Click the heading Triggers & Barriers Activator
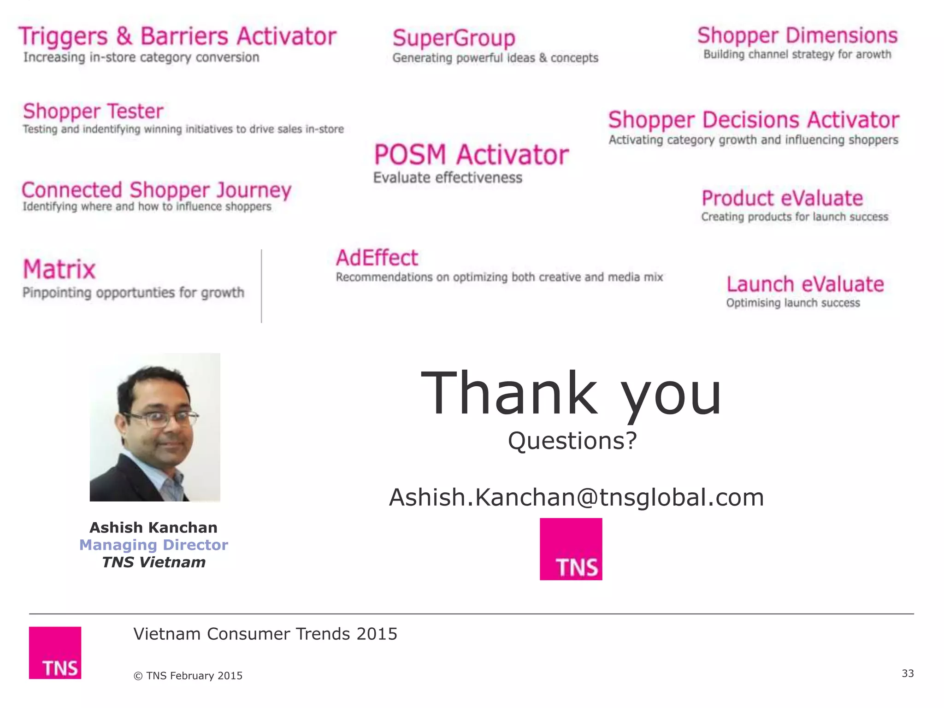(177, 37)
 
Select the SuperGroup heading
(454, 38)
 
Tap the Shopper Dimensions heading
(797, 35)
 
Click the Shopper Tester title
(93, 112)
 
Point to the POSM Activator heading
(471, 155)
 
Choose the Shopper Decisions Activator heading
(754, 120)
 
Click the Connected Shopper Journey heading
(157, 190)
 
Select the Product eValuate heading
(782, 199)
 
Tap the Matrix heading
(59, 269)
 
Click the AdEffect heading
(377, 258)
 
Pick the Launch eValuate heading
(805, 284)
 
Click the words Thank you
(571, 394)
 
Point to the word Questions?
(572, 441)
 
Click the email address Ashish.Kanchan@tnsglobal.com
(576, 497)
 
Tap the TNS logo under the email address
(571, 549)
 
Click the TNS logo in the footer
(55, 653)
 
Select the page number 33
(908, 673)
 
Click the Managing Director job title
(153, 545)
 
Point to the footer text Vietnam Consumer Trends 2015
(265, 634)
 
